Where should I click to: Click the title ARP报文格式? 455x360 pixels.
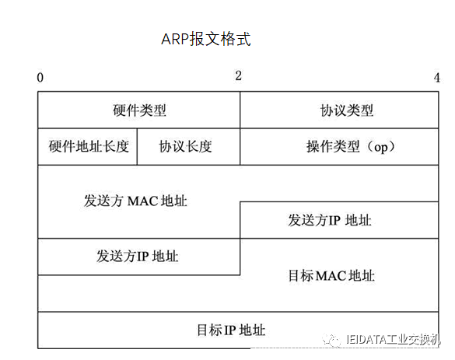[206, 39]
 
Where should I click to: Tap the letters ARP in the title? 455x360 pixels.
[175, 39]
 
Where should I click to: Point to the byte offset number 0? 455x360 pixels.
[40, 78]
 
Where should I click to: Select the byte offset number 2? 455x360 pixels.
[238, 75]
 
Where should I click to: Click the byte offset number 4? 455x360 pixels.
[436, 78]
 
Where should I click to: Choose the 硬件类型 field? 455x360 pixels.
[139, 110]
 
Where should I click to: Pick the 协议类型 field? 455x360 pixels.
[347, 110]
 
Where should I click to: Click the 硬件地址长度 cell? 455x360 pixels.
[89, 146]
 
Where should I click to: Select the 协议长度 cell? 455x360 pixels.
[185, 146]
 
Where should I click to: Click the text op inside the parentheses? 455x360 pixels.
[380, 148]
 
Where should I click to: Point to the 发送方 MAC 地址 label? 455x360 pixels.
[135, 201]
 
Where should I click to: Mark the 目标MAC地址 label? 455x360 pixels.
[331, 275]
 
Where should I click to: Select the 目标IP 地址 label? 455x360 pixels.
[231, 330]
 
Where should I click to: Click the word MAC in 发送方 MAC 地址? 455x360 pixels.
[143, 201]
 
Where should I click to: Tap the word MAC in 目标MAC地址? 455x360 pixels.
[331, 276]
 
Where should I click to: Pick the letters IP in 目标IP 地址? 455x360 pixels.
[230, 330]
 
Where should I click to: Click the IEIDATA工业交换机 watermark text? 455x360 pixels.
[394, 340]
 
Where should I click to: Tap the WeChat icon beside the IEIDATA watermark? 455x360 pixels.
[331, 340]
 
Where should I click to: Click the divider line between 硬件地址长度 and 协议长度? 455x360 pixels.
[137, 146]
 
